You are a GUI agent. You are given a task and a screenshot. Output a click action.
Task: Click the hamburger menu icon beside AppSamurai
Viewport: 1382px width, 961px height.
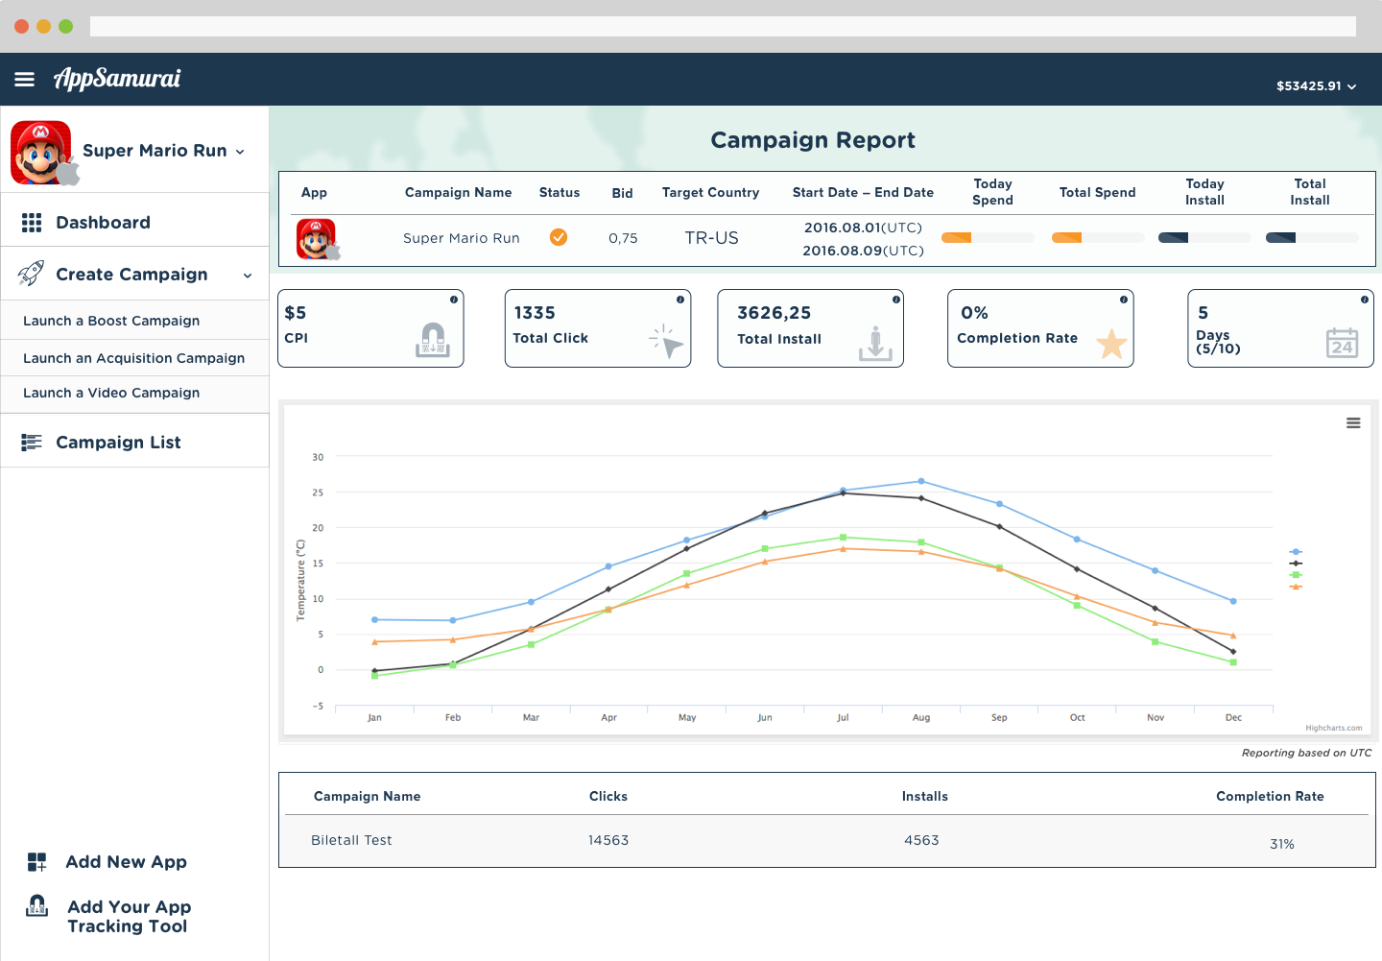tap(24, 79)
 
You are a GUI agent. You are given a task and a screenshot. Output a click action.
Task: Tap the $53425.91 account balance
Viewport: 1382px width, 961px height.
tap(1309, 85)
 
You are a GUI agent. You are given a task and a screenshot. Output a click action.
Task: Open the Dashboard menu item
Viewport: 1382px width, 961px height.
tap(103, 222)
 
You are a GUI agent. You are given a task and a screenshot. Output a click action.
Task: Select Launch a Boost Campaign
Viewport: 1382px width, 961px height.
tap(111, 321)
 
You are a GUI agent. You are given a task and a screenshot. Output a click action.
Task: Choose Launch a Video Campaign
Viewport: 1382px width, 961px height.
tap(111, 393)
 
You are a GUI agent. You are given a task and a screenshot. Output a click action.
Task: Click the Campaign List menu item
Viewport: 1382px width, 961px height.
tap(118, 442)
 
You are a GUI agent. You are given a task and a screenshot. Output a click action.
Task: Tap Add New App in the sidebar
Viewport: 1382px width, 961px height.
tap(126, 861)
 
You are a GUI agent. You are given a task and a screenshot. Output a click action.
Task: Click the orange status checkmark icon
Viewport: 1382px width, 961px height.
tap(559, 237)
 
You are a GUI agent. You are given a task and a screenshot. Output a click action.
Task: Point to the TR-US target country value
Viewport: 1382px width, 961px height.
tap(711, 238)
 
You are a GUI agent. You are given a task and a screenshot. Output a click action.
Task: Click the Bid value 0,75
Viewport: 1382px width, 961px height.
tap(623, 238)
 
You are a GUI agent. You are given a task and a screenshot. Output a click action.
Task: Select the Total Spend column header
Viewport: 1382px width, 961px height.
tap(1097, 192)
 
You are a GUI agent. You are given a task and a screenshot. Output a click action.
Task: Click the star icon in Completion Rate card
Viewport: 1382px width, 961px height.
tap(1111, 343)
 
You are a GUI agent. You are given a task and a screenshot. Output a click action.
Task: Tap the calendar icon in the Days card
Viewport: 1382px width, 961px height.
tap(1342, 343)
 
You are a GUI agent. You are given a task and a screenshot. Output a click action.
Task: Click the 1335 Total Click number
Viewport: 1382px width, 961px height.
tap(535, 313)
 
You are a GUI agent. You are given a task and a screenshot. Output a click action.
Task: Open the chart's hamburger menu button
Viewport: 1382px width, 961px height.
tap(1353, 422)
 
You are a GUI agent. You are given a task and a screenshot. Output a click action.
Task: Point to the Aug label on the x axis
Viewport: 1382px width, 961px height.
tap(920, 717)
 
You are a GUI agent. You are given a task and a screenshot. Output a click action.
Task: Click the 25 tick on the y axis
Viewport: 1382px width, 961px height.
tap(318, 493)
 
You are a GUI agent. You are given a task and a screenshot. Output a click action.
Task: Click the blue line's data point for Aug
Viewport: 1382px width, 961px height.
tap(921, 481)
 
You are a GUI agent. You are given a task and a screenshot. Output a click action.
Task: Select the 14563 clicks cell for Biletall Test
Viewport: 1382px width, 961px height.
tap(608, 840)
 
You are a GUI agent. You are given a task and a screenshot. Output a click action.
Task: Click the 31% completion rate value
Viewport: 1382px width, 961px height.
tap(1281, 844)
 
